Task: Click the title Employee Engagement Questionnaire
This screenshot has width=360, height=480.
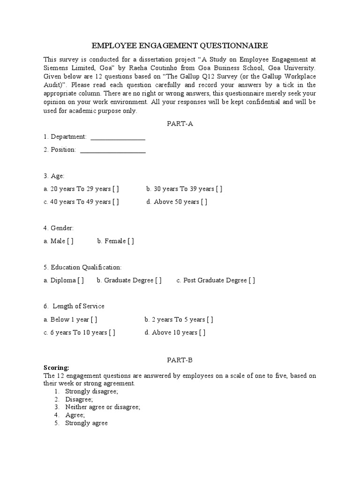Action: [x=180, y=45]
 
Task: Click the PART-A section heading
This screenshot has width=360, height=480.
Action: [x=180, y=124]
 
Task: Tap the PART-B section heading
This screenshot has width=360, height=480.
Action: [x=180, y=360]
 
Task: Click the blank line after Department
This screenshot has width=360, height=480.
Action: [x=118, y=137]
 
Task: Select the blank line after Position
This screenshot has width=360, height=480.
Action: [x=113, y=150]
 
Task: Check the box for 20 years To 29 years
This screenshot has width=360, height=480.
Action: [x=115, y=189]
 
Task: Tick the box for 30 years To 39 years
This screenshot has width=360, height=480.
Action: [x=219, y=189]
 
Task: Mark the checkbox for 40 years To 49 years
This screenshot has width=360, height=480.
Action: [x=115, y=202]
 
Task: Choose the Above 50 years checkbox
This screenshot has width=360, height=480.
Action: [x=204, y=202]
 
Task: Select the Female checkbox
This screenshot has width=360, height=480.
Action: [x=130, y=241]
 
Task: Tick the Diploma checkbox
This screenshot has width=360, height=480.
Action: [x=81, y=280]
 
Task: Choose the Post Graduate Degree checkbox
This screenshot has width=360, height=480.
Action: [x=252, y=280]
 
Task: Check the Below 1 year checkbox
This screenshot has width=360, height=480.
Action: [x=94, y=320]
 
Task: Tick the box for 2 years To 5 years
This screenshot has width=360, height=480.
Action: [x=210, y=320]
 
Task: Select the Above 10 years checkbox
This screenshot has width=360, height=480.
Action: [x=202, y=333]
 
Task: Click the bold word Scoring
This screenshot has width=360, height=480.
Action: [x=56, y=368]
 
